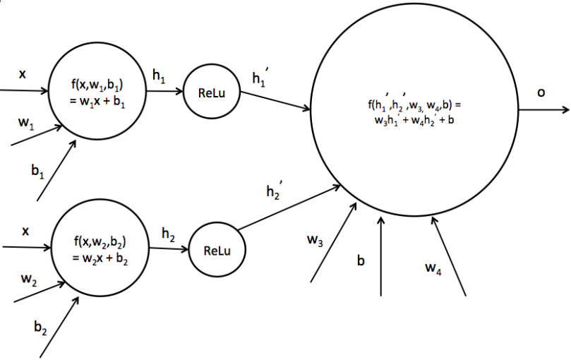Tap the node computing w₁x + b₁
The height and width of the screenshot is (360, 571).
tap(99, 92)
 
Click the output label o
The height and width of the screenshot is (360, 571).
tap(541, 92)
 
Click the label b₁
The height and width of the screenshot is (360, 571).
tap(37, 172)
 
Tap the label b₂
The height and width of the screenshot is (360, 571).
tap(41, 328)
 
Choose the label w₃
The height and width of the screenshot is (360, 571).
tap(315, 241)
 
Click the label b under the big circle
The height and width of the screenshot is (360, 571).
tap(361, 262)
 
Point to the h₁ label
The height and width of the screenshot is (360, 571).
tap(159, 75)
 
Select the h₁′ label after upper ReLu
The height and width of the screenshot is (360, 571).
tap(262, 78)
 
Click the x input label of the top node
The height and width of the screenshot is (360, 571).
tap(23, 73)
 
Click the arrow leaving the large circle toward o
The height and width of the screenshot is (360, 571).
tap(543, 111)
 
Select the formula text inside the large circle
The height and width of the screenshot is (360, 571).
tap(414, 113)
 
